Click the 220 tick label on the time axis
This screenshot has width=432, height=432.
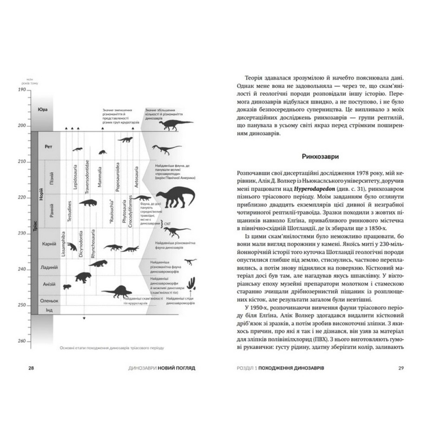pyautogui.click(x=21, y=197)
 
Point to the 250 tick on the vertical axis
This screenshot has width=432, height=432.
pyautogui.click(x=21, y=305)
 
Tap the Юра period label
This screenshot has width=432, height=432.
pyautogui.click(x=42, y=110)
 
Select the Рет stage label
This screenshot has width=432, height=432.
pyautogui.click(x=48, y=146)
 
